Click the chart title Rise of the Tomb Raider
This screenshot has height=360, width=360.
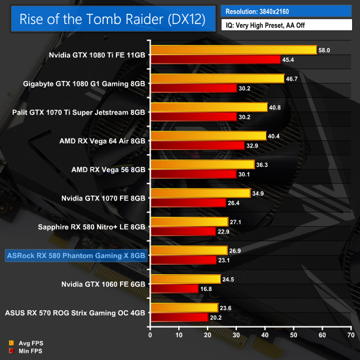point(112,19)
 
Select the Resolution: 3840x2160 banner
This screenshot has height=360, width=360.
point(286,11)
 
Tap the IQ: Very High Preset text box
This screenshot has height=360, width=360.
point(286,26)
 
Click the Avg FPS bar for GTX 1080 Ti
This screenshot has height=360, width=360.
point(233,50)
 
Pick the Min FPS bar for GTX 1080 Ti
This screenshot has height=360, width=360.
point(215,59)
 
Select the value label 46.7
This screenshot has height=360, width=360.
point(292,79)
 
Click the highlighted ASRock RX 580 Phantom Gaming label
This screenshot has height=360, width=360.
point(76,256)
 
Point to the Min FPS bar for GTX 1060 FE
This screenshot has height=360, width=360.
point(175,289)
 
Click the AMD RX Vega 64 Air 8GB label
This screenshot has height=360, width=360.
point(102,141)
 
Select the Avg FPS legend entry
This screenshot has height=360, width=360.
point(26,343)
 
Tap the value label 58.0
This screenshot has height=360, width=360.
point(325,50)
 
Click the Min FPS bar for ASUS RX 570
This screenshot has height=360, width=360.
point(179,317)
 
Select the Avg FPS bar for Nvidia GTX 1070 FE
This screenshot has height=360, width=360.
point(200,193)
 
